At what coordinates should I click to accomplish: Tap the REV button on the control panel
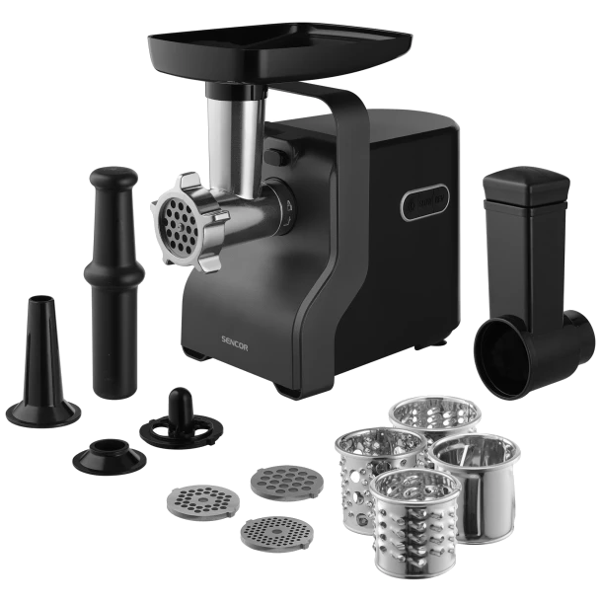click(x=439, y=202)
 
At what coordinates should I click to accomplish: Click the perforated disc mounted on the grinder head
click(x=178, y=223)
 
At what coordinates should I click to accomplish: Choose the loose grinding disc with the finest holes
click(x=276, y=534)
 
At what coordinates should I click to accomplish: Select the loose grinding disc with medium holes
click(x=203, y=501)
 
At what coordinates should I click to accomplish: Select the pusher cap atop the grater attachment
click(x=526, y=185)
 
